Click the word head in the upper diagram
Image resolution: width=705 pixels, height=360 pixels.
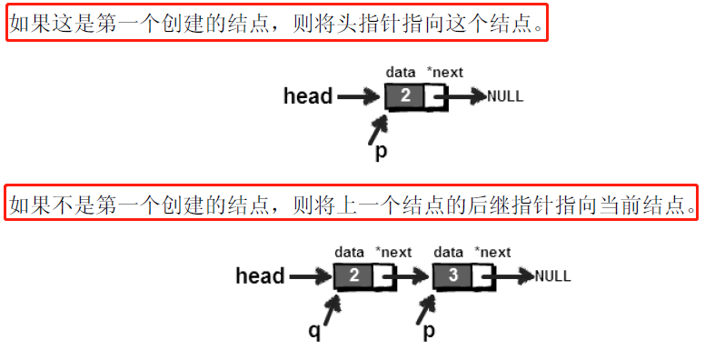[x=308, y=95]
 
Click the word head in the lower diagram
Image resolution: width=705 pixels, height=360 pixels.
[x=260, y=275]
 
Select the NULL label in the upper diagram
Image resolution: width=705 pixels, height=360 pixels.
[x=506, y=96]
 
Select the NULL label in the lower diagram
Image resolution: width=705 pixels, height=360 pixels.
[x=553, y=276]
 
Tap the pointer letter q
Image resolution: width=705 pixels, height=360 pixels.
[x=314, y=332]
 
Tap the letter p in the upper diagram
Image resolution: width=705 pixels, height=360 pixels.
[x=381, y=152]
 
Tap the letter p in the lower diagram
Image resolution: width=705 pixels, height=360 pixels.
[x=428, y=332]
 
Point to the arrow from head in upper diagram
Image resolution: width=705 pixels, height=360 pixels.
[x=358, y=95]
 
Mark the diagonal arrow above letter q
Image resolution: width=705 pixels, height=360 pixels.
[x=330, y=308]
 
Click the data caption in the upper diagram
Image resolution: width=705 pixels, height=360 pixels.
[x=400, y=72]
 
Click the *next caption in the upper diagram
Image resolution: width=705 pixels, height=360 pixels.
[x=444, y=72]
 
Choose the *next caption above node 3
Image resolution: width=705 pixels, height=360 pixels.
[x=493, y=252]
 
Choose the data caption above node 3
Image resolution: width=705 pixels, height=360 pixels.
[x=449, y=252]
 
